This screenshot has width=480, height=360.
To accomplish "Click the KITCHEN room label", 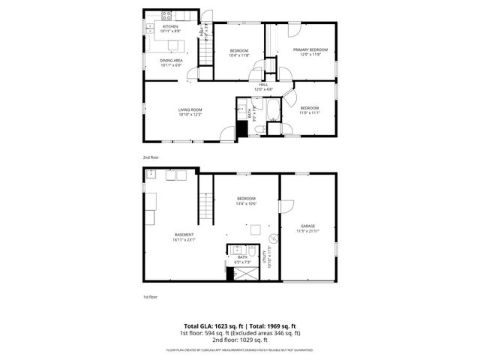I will [171, 26].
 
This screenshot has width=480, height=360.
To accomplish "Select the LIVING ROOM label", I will [190, 109].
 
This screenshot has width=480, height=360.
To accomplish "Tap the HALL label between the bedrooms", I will [263, 84].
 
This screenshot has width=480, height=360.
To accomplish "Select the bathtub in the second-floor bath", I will [273, 110].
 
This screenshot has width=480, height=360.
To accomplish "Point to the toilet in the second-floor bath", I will [259, 129].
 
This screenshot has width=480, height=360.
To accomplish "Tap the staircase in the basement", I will [206, 205].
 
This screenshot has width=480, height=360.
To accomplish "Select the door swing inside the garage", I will [286, 205].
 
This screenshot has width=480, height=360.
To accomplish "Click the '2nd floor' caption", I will [151, 157].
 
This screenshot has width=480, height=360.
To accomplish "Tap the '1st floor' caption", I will [150, 297].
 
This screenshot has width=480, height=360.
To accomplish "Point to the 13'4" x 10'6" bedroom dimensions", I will [247, 203].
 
